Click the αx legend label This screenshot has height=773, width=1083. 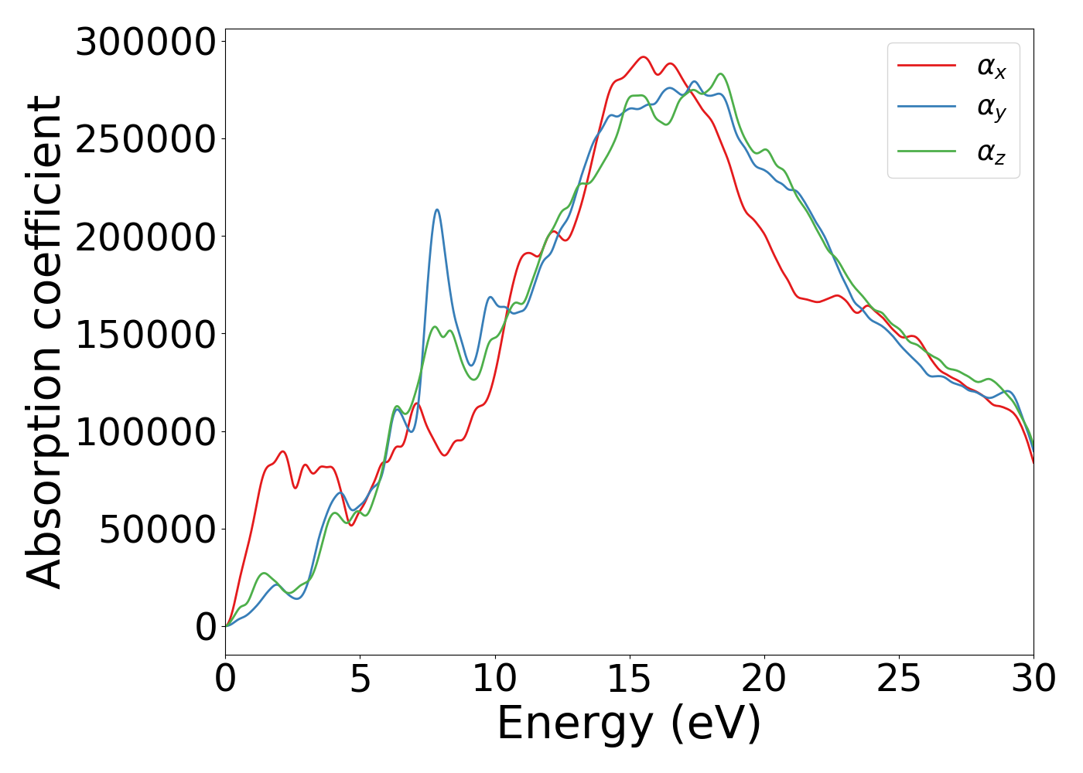coord(992,67)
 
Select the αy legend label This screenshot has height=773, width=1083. coord(992,109)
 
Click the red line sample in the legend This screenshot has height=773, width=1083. coord(927,66)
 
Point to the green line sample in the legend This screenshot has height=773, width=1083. coord(927,151)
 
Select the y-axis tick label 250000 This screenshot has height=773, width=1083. coord(145,139)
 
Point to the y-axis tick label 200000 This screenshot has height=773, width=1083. coord(145,237)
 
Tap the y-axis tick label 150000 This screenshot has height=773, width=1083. coord(145,334)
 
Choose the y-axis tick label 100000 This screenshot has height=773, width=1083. coord(145,431)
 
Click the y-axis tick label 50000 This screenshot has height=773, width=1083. coord(157,530)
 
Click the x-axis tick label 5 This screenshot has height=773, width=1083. coord(360,679)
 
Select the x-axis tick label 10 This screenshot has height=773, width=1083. coord(495,679)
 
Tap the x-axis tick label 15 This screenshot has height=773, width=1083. coord(630,679)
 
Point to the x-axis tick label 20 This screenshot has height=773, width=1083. coord(764,679)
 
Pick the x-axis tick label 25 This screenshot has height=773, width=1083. coord(899,679)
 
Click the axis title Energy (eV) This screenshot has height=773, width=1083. coord(629,724)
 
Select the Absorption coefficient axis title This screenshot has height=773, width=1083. coord(44,342)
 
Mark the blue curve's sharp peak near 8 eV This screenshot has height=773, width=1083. coord(437,209)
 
